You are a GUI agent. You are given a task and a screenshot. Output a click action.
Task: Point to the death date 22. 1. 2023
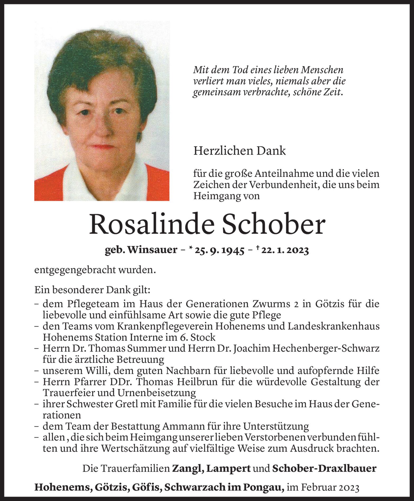click(x=285, y=250)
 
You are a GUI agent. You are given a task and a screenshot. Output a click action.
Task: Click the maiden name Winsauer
click(x=152, y=250)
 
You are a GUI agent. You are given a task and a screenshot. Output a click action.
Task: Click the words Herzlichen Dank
click(x=239, y=151)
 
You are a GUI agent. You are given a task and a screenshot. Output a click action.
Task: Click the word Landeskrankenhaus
click(x=333, y=326)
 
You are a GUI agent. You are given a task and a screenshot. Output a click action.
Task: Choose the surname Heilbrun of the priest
click(x=198, y=382)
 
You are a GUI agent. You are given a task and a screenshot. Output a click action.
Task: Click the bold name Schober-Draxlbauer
click(x=324, y=468)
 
